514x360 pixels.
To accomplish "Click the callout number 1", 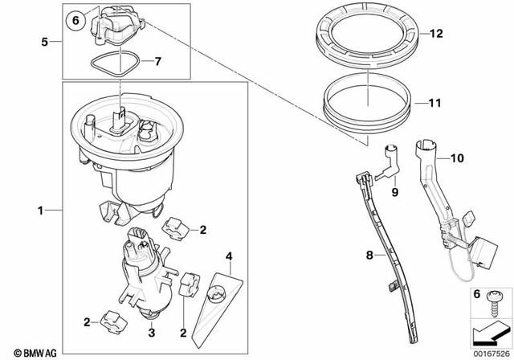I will coord(39,211).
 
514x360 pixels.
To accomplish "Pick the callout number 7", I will coord(157,61).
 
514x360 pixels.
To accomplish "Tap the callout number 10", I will coord(457,160).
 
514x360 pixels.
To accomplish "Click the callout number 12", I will coord(436,34).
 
